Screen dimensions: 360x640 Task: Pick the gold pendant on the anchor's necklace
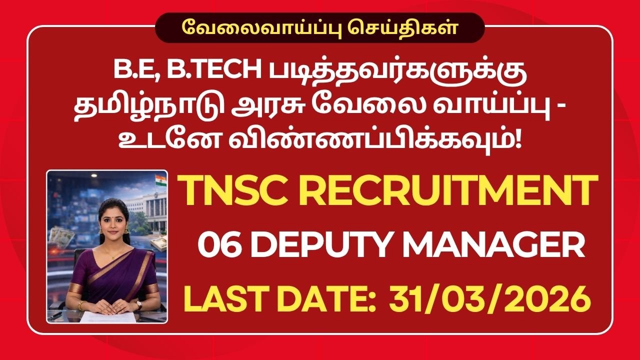pos(110,254)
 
